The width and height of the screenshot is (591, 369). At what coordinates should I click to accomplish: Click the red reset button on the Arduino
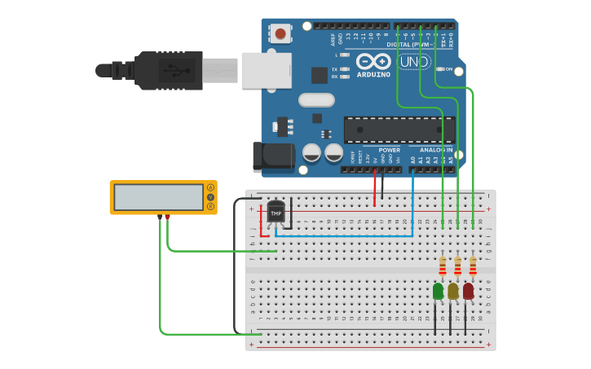pos(280,33)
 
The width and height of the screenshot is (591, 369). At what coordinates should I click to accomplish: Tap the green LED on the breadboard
pos(439,291)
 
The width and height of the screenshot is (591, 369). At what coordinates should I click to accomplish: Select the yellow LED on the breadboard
pos(453,291)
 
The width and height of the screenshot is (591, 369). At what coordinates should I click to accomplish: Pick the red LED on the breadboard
pos(468,291)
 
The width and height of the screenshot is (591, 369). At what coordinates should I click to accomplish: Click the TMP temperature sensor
pos(276,212)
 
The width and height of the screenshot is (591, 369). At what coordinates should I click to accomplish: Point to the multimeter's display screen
pos(158,197)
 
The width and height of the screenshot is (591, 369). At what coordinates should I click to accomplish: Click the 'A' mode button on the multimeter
pos(210,188)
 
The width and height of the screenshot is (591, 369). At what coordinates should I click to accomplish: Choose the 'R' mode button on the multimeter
pos(210,207)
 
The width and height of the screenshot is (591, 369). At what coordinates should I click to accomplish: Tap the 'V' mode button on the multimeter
pos(210,197)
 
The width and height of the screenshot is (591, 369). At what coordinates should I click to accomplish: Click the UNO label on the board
pos(414,62)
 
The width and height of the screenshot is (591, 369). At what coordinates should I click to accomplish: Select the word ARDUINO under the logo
pos(373,74)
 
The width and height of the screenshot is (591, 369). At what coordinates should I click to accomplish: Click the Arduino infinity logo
pos(373,61)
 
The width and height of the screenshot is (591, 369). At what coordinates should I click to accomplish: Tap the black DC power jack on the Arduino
pos(273,157)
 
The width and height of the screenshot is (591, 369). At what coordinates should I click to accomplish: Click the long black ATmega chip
pos(399,130)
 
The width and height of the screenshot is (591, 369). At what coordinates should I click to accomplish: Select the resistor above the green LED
pos(443,266)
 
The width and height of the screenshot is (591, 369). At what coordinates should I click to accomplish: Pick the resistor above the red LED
pos(473,266)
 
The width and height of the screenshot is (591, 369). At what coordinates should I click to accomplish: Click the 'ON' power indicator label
pos(449,69)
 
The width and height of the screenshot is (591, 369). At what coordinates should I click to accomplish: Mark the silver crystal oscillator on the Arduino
pos(316,100)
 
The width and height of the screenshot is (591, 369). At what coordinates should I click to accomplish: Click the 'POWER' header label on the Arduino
pos(390,150)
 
